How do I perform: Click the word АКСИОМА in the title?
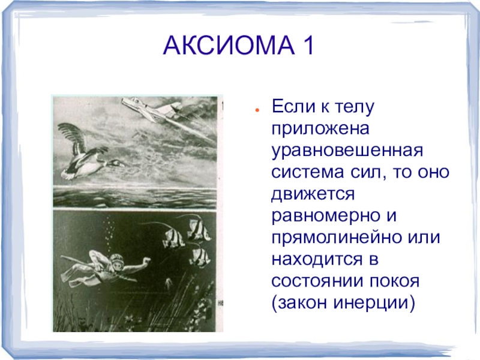229,46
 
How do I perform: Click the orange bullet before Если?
257,110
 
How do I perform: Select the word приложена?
320,129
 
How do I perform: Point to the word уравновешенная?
347,151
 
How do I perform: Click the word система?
308,172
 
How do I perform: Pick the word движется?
313,194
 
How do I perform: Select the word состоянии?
317,281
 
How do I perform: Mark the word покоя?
394,281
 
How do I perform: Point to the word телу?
354,107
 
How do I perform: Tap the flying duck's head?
115,163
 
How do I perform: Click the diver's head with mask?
117,261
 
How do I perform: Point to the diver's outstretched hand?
146,261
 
